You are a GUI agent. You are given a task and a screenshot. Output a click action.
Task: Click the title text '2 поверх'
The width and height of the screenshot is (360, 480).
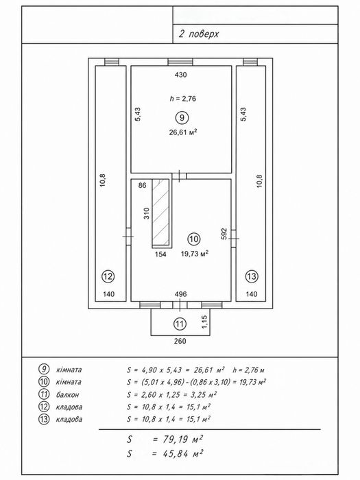pyautogui.click(x=199, y=34)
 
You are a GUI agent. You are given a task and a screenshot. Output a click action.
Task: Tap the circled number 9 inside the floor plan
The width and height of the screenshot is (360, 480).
pyautogui.click(x=182, y=117)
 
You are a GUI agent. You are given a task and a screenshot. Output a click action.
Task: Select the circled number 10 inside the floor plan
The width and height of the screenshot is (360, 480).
pyautogui.click(x=194, y=239)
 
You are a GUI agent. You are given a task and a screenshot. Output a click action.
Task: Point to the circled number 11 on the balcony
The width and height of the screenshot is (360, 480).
pyautogui.click(x=180, y=324)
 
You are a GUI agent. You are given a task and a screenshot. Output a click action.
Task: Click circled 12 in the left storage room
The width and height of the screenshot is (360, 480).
pyautogui.click(x=108, y=276)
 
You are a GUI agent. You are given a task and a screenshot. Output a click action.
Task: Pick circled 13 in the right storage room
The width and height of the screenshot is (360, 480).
pyautogui.click(x=252, y=276)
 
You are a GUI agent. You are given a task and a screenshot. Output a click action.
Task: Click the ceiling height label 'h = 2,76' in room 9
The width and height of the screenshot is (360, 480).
pyautogui.click(x=183, y=99)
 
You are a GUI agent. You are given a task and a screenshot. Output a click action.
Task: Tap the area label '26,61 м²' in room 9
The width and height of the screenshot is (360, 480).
pyautogui.click(x=183, y=132)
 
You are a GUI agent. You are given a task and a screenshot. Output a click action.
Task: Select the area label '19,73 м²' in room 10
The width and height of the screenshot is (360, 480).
pyautogui.click(x=195, y=254)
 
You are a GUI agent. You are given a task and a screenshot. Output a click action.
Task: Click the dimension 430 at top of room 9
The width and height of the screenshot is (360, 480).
pyautogui.click(x=180, y=75)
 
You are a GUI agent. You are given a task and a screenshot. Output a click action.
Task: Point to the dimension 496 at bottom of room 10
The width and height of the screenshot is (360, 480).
pyautogui.click(x=180, y=294)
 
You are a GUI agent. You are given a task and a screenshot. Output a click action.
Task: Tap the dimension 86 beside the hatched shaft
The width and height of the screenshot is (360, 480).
pyautogui.click(x=143, y=185)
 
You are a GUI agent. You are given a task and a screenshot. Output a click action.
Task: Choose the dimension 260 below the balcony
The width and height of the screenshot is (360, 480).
pyautogui.click(x=180, y=341)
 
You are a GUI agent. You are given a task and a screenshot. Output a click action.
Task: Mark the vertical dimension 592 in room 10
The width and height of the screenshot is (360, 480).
pyautogui.click(x=224, y=234)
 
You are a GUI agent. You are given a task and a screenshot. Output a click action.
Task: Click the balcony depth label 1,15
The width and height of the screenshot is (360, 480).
pyautogui.click(x=205, y=322)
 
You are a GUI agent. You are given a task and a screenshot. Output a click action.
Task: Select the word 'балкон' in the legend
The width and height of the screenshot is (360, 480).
pyautogui.click(x=67, y=394)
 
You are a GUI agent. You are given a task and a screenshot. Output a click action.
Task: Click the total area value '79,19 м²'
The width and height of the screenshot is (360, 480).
pyautogui.click(x=178, y=440)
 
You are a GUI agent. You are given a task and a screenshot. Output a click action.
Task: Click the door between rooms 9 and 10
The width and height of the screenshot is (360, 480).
pyautogui.click(x=179, y=176)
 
